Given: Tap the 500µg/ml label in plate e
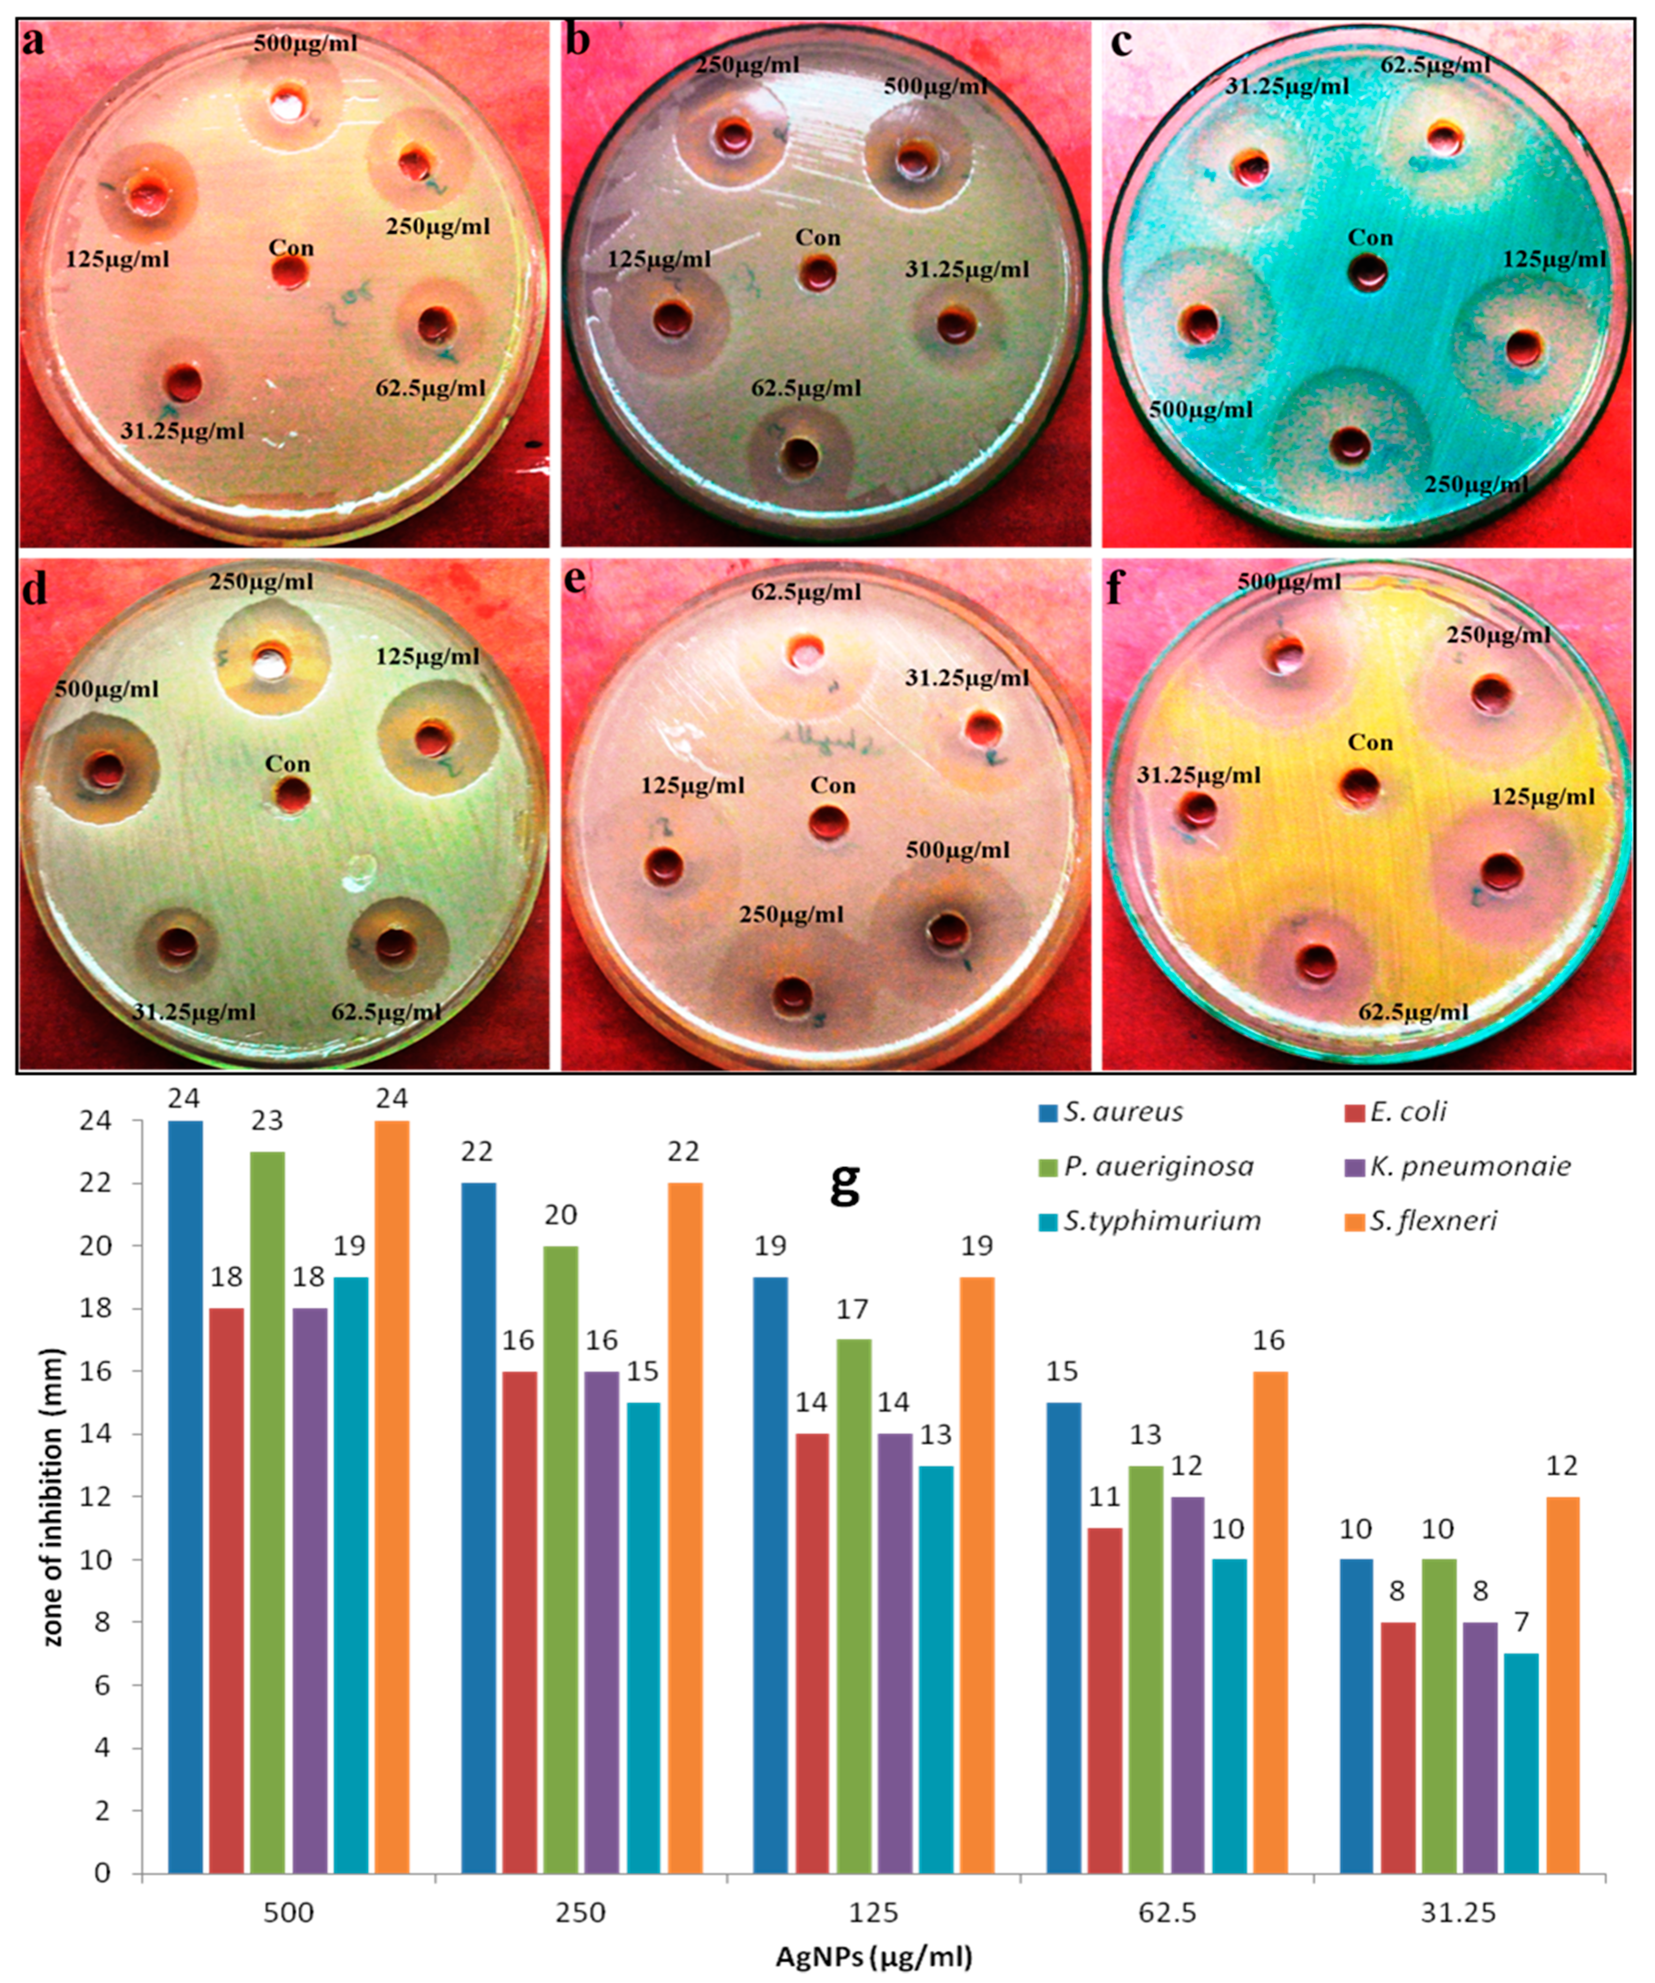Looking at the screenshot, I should (958, 850).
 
